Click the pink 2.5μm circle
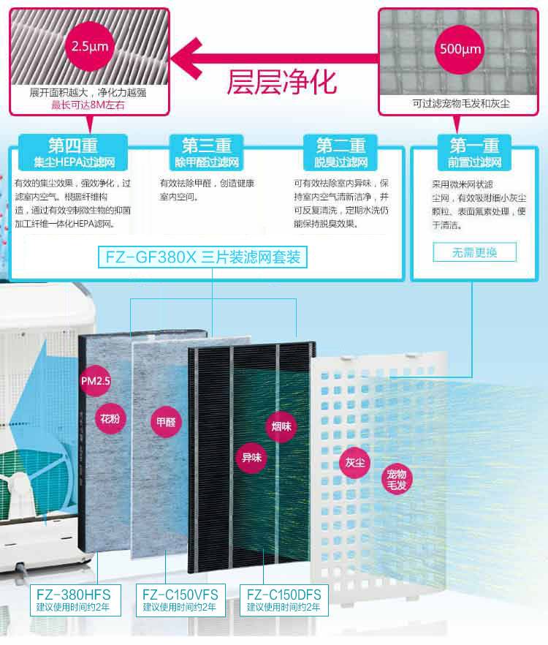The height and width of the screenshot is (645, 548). point(90,46)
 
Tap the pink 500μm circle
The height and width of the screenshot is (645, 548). point(460,50)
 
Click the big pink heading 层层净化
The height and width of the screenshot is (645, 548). point(282,82)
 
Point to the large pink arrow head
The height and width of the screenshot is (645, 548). point(186,59)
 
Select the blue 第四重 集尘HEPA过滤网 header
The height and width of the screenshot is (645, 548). point(73,152)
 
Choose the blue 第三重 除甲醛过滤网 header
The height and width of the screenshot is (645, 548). point(207,152)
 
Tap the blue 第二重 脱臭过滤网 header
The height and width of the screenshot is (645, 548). point(340,152)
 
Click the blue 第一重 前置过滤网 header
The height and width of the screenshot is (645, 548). point(474,152)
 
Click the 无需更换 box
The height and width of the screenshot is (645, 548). point(474,252)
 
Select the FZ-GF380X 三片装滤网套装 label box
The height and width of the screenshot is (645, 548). point(202,257)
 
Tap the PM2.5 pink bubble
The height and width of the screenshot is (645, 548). point(96,381)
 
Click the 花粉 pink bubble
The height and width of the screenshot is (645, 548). point(110,419)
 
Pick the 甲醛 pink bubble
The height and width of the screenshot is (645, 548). point(166,422)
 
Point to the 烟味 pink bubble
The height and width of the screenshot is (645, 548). point(281,427)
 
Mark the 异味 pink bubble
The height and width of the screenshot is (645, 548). point(251,458)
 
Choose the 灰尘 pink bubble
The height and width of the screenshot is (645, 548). point(355,463)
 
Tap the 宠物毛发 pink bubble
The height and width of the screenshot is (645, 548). point(396,480)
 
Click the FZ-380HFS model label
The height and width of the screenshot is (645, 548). point(75,600)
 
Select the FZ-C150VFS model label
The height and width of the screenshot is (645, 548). point(180,600)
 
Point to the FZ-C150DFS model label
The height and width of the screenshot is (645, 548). point(284,600)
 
